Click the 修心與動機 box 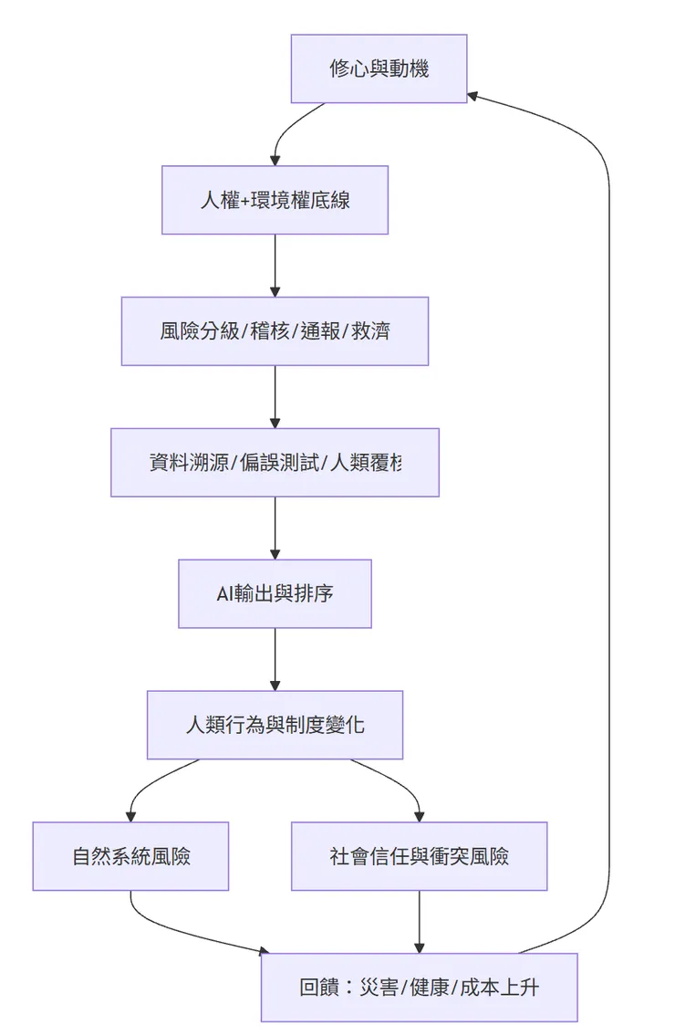tap(379, 68)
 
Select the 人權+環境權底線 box tap(275, 200)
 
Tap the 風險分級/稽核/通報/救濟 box tap(275, 331)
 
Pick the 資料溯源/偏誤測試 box tap(275, 463)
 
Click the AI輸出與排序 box tap(275, 594)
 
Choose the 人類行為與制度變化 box tap(275, 726)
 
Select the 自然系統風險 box tap(130, 856)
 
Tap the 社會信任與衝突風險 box tap(419, 856)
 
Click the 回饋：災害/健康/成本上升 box tap(419, 988)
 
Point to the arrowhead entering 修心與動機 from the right tap(473, 95)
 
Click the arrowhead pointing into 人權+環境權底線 tap(275, 160)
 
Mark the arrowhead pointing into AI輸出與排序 tap(275, 553)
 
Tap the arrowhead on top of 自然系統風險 tap(130, 816)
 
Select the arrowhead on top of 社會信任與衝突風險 tap(419, 816)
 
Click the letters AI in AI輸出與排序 tap(225, 594)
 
